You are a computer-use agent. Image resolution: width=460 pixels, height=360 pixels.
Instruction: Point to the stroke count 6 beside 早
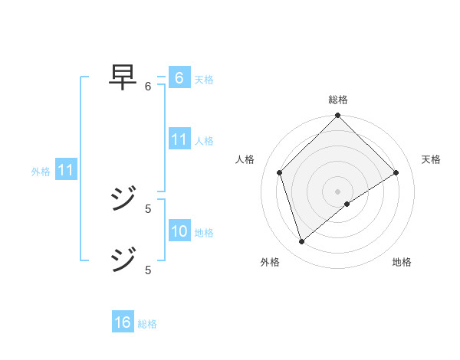(x=148, y=87)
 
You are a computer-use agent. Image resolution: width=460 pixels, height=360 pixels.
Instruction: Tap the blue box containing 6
(x=179, y=78)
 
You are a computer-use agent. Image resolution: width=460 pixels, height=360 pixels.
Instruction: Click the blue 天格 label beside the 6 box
(x=204, y=79)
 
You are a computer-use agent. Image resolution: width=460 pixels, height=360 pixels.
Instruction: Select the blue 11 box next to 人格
(x=179, y=139)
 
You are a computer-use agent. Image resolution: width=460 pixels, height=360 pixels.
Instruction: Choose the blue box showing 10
(x=179, y=231)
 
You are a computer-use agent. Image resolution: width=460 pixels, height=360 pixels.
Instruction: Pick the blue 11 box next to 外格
(x=65, y=171)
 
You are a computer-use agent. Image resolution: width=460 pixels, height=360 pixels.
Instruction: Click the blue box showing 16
(x=123, y=322)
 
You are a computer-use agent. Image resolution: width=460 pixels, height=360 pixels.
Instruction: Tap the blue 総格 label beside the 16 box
(x=147, y=324)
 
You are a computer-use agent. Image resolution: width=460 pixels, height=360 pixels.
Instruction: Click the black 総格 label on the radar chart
(x=337, y=100)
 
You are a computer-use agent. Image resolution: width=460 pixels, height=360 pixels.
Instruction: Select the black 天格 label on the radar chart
(x=431, y=159)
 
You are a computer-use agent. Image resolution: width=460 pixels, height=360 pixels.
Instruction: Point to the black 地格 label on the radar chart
(x=402, y=263)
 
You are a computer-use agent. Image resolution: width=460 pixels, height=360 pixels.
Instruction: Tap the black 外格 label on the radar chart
(x=270, y=263)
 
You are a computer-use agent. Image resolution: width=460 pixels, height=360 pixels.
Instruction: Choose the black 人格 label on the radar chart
(x=245, y=159)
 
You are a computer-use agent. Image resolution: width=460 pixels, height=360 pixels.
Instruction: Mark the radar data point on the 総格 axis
(x=337, y=116)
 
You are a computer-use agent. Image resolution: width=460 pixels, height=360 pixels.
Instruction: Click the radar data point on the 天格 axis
(x=396, y=172)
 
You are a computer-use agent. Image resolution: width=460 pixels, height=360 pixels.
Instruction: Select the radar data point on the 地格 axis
(x=347, y=204)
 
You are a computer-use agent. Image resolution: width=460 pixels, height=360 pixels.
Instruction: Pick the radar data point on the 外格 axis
(x=301, y=242)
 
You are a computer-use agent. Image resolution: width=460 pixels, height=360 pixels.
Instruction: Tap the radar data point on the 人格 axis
(x=279, y=172)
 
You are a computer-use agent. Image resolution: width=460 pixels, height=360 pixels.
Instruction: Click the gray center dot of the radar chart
(x=337, y=191)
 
